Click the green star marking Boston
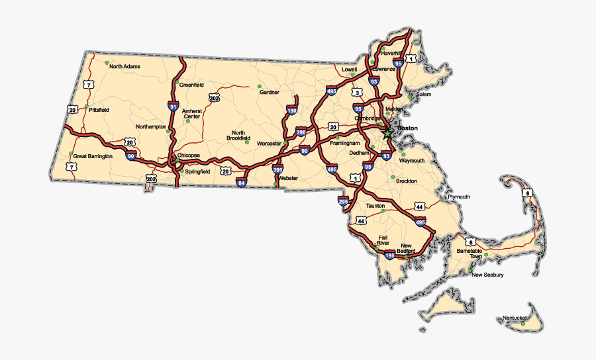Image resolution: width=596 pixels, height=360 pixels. tap(387, 133)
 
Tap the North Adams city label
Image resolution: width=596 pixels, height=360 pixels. tap(125, 66)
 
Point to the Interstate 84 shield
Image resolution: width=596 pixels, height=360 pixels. tap(242, 182)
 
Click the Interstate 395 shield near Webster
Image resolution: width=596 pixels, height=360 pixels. tap(276, 170)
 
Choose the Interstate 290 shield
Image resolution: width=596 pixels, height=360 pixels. tap(301, 132)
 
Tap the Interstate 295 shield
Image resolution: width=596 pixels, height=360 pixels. tap(343, 201)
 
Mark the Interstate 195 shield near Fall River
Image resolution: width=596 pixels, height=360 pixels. tap(389, 254)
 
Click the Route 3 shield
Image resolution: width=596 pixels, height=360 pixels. tap(357, 92)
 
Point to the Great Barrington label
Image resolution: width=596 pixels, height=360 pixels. tap(93, 157)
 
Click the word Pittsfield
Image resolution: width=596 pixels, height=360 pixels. tap(99, 110)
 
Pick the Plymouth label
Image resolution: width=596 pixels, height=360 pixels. tap(459, 197)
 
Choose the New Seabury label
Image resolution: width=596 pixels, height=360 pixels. tap(487, 275)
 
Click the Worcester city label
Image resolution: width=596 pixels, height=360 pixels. tap(270, 144)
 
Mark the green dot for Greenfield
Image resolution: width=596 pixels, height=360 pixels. tap(177, 84)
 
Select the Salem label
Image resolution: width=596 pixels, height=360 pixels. tap(423, 95)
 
